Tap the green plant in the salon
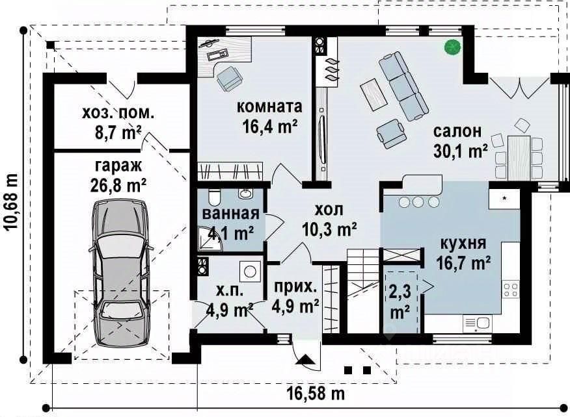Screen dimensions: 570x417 pyautogui.click(x=453, y=47)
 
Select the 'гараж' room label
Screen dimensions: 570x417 pyautogui.click(x=118, y=166)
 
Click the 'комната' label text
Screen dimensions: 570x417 pyautogui.click(x=270, y=107)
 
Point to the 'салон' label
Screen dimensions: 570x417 pyautogui.click(x=457, y=131)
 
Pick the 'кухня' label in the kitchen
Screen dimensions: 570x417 pyautogui.click(x=463, y=243)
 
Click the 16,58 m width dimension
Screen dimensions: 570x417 pyautogui.click(x=316, y=393)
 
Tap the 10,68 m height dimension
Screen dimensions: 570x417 pyautogui.click(x=11, y=201)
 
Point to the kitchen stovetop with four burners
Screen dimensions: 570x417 pyautogui.click(x=511, y=289)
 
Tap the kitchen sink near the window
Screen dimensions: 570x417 pyautogui.click(x=478, y=323)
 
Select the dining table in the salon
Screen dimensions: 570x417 pyautogui.click(x=519, y=158)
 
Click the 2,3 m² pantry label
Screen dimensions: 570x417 pyautogui.click(x=400, y=301)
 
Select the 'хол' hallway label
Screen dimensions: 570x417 pyautogui.click(x=328, y=210)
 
